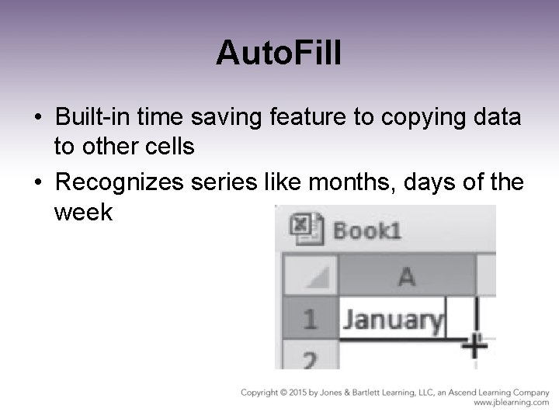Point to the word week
click(83, 211)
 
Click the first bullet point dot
click(38, 119)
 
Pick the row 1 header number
click(309, 318)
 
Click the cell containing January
click(393, 319)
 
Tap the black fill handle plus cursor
click(474, 344)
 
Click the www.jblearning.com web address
click(511, 403)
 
